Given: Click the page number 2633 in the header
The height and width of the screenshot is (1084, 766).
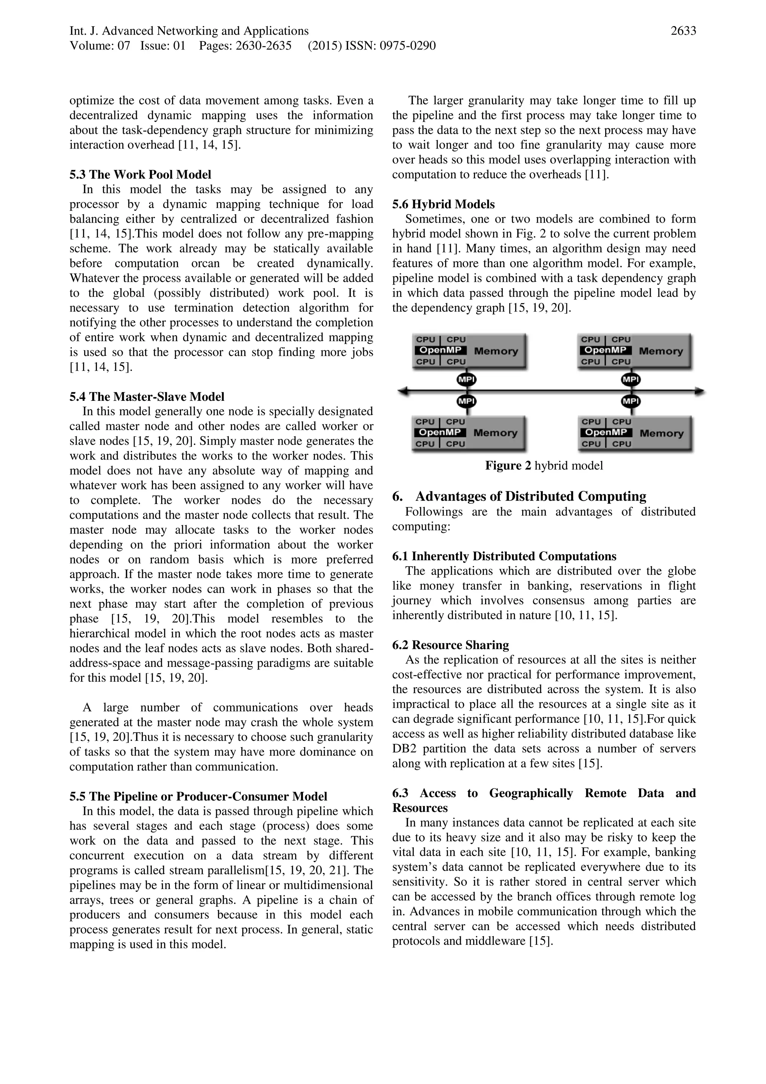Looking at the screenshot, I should pyautogui.click(x=683, y=31).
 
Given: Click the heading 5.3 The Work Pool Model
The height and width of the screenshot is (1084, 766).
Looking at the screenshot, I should pyautogui.click(x=140, y=175).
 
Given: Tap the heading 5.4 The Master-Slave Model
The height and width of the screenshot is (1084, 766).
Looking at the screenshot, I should pyautogui.click(x=147, y=397).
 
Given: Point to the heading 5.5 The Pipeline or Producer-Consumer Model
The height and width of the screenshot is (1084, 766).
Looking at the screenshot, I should pyautogui.click(x=198, y=797).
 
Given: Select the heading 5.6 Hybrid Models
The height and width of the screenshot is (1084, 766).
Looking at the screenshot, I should pyautogui.click(x=443, y=204).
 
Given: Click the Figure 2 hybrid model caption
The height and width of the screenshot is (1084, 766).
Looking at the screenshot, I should pyautogui.click(x=544, y=465).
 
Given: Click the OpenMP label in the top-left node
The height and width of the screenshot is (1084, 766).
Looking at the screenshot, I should pyautogui.click(x=440, y=350).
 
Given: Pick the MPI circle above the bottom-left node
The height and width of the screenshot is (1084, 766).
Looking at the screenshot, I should pyautogui.click(x=466, y=401).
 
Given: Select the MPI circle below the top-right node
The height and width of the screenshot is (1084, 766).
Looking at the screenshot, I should pyautogui.click(x=631, y=379).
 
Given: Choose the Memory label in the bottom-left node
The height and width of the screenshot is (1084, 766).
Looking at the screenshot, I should pyautogui.click(x=496, y=433).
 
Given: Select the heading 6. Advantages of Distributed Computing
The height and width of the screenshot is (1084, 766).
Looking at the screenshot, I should pyautogui.click(x=519, y=496).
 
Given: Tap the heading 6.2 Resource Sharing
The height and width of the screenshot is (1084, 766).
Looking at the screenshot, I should pyautogui.click(x=450, y=645).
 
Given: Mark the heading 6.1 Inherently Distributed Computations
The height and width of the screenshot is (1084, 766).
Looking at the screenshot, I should pyautogui.click(x=504, y=556).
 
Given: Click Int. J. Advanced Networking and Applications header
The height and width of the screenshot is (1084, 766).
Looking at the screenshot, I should pyautogui.click(x=189, y=31).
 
